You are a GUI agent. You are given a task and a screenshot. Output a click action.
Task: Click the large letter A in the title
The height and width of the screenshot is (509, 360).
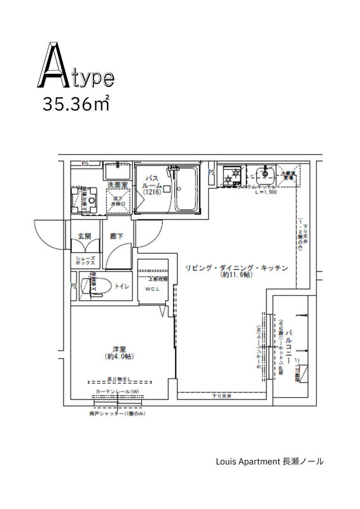pyautogui.click(x=56, y=66)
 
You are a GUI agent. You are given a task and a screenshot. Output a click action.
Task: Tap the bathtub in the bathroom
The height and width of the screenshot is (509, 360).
pyautogui.click(x=186, y=190)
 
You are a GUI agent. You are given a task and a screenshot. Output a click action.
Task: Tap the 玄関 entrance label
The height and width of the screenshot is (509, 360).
pyautogui.click(x=85, y=236)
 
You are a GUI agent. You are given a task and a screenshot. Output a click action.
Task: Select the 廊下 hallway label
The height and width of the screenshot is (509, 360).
pyautogui.click(x=116, y=236)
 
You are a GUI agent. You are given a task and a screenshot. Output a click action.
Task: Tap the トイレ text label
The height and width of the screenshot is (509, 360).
pyautogui.click(x=122, y=287)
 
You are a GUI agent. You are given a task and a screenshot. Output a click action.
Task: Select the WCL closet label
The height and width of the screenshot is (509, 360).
pyautogui.click(x=153, y=289)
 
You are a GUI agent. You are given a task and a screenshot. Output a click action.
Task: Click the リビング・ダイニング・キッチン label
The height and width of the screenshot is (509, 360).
pyautogui.click(x=237, y=268)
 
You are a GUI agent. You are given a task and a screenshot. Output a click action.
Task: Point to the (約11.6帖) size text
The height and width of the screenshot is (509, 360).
pyautogui.click(x=237, y=276)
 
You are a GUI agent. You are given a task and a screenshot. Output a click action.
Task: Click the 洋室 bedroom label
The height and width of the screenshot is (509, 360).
pyautogui.click(x=118, y=349)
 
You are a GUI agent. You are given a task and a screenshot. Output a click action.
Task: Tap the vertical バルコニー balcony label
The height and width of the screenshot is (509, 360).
pyautogui.click(x=289, y=345)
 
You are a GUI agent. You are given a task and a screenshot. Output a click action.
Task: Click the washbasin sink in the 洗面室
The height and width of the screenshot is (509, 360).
pyautogui.click(x=116, y=171)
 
